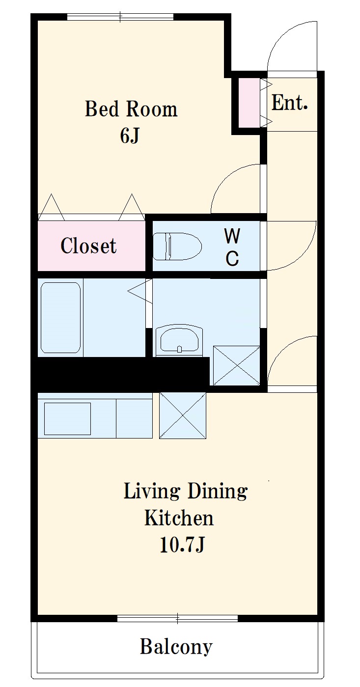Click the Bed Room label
(x=131, y=109)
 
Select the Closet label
(x=88, y=246)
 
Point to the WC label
(x=232, y=247)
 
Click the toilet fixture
(x=177, y=247)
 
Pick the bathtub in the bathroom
(x=61, y=318)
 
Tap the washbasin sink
(x=179, y=339)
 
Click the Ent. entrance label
(x=289, y=103)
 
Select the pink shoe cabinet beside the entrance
(x=249, y=103)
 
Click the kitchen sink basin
(x=67, y=419)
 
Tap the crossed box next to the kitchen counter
(x=182, y=415)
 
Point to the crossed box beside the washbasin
(x=236, y=365)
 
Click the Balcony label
(x=176, y=647)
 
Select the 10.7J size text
(x=182, y=545)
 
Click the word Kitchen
(x=179, y=518)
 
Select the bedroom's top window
(x=120, y=17)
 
